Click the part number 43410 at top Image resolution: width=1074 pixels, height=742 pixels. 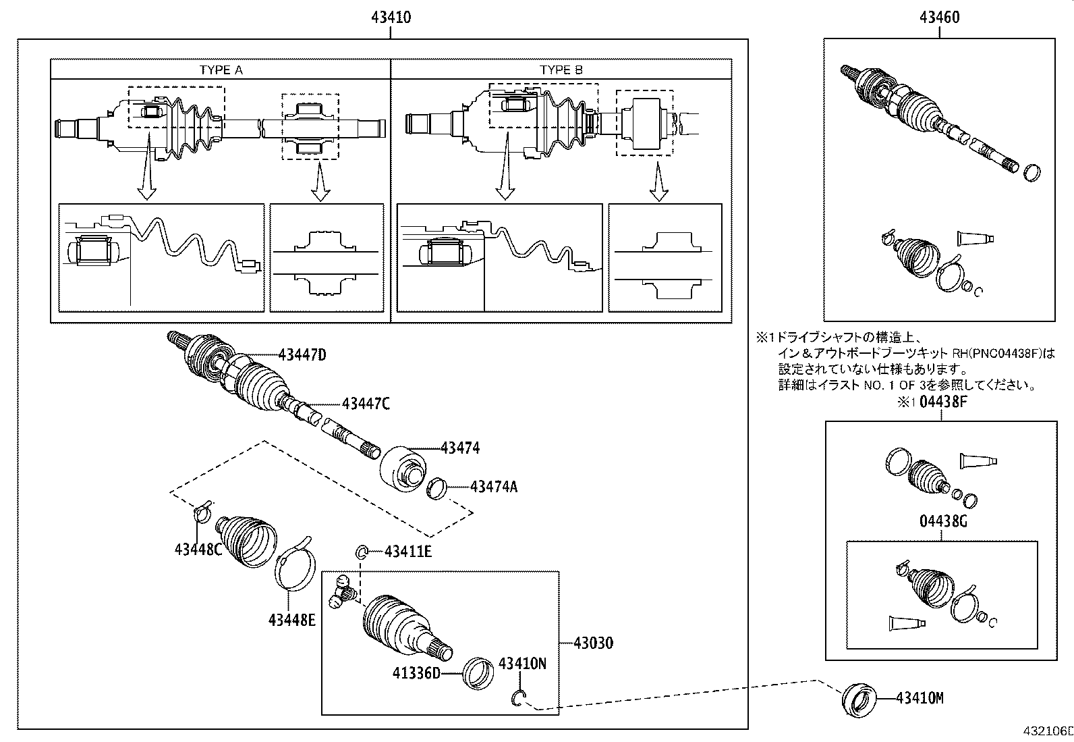coord(391,18)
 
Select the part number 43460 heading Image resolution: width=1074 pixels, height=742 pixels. coord(939,18)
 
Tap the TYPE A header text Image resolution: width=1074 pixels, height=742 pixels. coord(221,70)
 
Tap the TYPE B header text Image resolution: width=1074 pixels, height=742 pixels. coord(561,70)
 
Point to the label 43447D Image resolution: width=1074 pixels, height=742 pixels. coord(302,355)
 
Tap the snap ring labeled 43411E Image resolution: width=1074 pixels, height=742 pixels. coord(362,553)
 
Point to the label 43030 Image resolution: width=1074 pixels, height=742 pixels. coord(593,643)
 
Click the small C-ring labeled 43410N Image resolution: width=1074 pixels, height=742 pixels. coord(517,699)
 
